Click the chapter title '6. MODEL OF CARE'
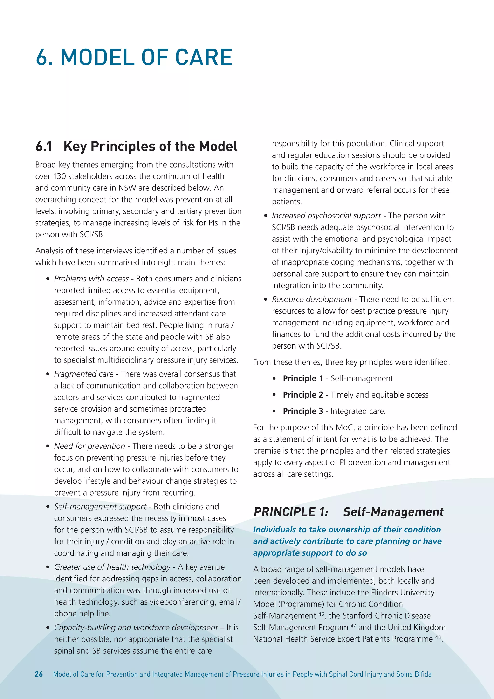(x=134, y=57)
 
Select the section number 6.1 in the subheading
(x=44, y=147)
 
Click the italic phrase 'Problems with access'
(x=91, y=279)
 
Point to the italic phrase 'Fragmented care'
(x=84, y=374)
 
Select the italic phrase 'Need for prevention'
(x=89, y=446)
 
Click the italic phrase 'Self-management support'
(x=100, y=507)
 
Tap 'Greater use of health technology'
(x=112, y=567)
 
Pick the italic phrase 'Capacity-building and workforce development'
(x=136, y=628)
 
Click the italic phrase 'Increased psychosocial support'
(x=326, y=216)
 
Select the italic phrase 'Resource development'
(x=312, y=299)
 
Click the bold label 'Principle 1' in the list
(x=303, y=378)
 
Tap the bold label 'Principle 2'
(x=303, y=395)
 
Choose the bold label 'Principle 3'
(x=303, y=411)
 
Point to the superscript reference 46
(x=321, y=614)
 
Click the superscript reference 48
(x=438, y=637)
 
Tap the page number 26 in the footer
(x=39, y=674)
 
